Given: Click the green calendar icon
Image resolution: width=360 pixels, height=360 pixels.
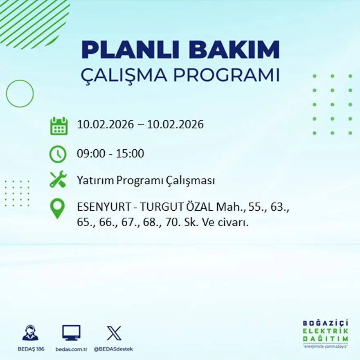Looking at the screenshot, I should point(59,126).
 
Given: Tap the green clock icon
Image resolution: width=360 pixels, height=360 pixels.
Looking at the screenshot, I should point(58,154).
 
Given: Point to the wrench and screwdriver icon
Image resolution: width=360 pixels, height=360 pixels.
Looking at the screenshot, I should point(58,180).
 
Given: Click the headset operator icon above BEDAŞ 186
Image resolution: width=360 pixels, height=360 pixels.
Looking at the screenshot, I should point(30,333).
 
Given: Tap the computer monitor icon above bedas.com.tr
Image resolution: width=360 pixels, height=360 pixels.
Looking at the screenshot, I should point(71,333).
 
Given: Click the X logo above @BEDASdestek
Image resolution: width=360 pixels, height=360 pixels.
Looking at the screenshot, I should point(114,333).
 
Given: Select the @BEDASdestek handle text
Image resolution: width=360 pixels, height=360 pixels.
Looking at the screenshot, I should point(113,349).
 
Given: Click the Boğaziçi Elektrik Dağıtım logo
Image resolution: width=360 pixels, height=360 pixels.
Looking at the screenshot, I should point(326,333).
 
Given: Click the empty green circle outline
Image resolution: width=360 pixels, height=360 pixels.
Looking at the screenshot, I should point(20,94).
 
